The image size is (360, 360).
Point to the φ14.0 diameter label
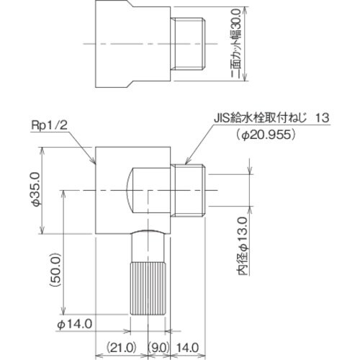[x=74, y=323]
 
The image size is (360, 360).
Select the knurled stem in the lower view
[x=150, y=289]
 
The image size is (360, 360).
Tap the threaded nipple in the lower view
[x=191, y=190]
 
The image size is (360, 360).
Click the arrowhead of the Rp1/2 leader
[x=94, y=164]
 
